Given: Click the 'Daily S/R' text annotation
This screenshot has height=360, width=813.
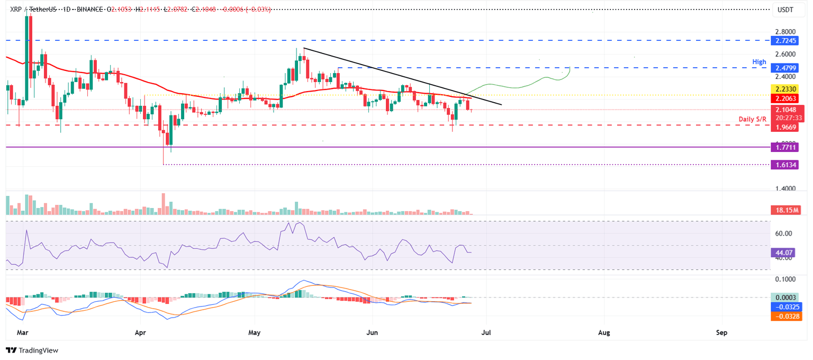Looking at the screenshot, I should coord(753,119).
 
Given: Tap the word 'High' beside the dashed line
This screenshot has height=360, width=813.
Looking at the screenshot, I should coord(760,62).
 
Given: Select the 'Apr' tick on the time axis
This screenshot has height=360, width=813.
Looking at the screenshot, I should coord(140,333).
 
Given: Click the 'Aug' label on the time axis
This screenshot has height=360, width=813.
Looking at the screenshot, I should coord(604,333).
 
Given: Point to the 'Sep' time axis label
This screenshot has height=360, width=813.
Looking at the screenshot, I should coord(721,333).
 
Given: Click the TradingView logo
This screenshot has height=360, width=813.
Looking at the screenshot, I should coord(32,350).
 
